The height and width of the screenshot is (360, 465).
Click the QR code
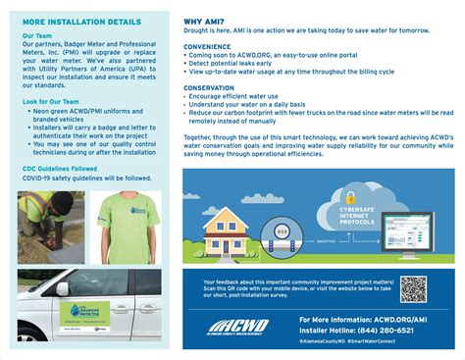[413, 289]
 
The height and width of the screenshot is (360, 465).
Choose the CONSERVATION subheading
[210, 87]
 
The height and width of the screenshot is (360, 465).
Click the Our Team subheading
[37, 35]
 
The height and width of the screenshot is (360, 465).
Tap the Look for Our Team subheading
[51, 102]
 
